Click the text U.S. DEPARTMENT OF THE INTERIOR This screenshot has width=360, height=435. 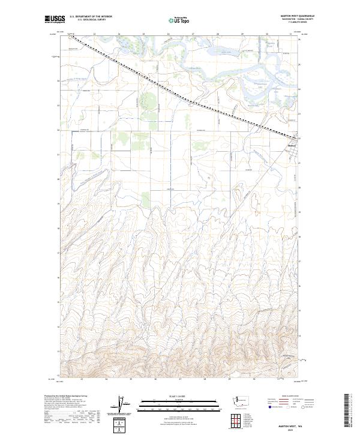91,17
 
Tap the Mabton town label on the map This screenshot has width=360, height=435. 293,144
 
